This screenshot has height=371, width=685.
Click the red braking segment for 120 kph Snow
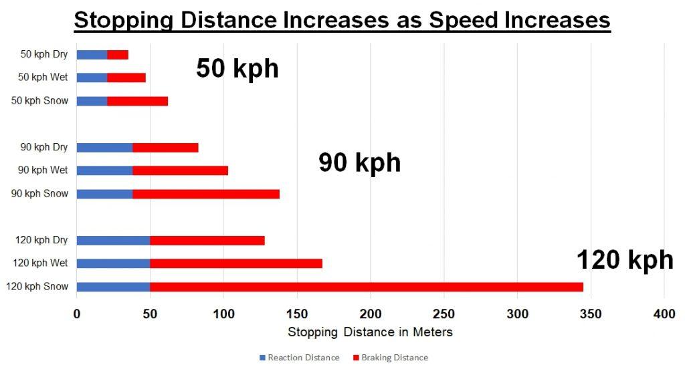click(367, 287)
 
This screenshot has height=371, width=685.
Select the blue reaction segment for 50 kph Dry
click(92, 55)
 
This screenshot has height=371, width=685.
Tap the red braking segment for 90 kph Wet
click(181, 170)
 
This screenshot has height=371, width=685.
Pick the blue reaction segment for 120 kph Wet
click(114, 263)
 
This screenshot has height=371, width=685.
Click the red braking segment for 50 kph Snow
click(138, 101)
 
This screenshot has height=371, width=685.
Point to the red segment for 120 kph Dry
click(207, 241)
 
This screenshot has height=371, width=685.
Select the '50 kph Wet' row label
click(43, 78)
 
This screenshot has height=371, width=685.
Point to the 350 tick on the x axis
click(591, 313)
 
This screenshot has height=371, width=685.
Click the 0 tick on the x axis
click(77, 313)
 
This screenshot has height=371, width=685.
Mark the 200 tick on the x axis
click(371, 313)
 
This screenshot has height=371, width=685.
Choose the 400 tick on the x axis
click(664, 313)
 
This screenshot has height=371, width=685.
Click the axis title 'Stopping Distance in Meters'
click(370, 332)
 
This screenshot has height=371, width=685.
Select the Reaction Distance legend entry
click(299, 358)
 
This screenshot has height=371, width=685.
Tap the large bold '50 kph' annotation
click(237, 69)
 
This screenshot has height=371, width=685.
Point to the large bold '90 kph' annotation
click(359, 162)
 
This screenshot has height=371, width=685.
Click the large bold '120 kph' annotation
click(625, 259)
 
